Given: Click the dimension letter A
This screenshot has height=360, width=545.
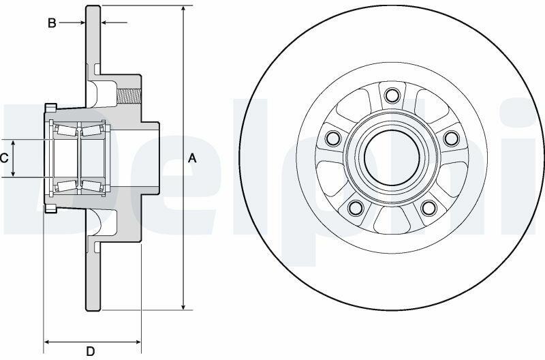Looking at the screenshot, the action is coord(192,159).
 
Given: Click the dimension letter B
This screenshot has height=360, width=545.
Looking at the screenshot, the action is coord(52,23).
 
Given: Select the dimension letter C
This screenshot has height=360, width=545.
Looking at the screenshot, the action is coord(4,159).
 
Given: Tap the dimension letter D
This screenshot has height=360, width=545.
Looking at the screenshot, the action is coord(91,351).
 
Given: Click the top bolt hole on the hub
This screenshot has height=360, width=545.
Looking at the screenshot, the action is coord(392,95).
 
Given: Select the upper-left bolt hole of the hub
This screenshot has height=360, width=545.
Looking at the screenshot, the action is coord(333,138).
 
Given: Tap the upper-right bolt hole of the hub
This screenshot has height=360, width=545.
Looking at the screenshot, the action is coord(451,138).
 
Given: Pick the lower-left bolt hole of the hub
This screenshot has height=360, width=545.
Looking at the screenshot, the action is coord(356,208).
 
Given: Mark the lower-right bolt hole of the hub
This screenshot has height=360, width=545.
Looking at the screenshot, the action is coord(429,208).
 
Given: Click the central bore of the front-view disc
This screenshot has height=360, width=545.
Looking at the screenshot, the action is coord(392,158).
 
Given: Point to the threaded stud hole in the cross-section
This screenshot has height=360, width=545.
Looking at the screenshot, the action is coord(129,96).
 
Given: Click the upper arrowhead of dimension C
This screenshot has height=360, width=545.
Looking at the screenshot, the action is coord(13,144).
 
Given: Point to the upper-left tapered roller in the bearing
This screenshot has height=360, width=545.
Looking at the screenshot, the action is coord(67,130).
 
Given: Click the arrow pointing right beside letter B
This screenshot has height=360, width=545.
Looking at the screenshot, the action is coord(72,23).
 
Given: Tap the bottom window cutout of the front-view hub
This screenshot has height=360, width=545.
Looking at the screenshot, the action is coord(392,220).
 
